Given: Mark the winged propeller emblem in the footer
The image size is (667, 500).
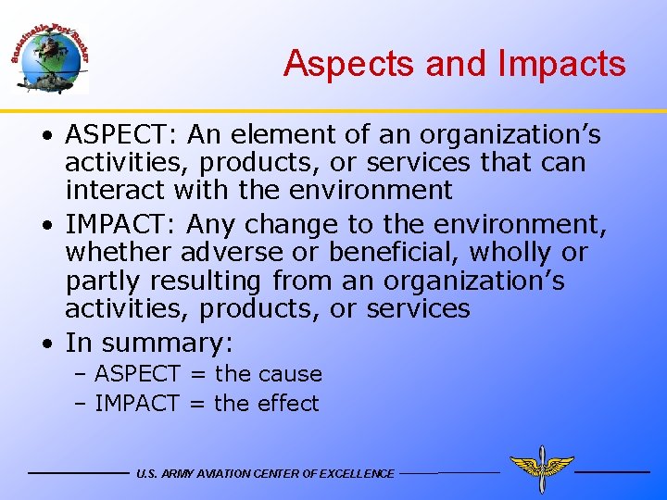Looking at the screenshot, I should [541, 469].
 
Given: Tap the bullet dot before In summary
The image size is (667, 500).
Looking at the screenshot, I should [46, 344].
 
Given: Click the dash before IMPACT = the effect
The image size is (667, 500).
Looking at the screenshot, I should [81, 404].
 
